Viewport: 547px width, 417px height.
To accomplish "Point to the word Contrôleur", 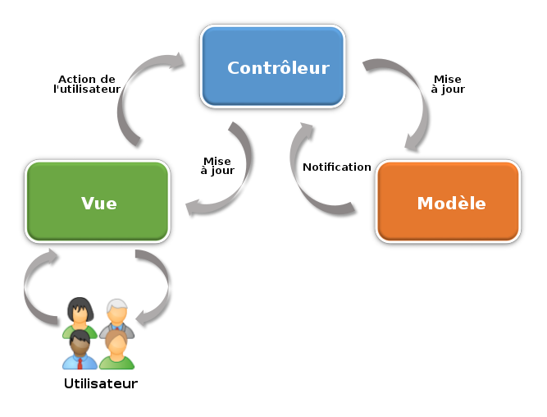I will click(278, 68).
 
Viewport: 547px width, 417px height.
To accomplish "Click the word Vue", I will click(98, 203).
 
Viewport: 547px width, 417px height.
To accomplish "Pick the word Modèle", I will click(451, 203).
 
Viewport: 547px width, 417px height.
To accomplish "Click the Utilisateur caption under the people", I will click(100, 381).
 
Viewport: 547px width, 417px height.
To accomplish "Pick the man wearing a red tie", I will click(80, 350).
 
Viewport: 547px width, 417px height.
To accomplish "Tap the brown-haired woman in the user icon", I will click(116, 350).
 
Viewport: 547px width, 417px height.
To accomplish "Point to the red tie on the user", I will click(80, 362).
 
